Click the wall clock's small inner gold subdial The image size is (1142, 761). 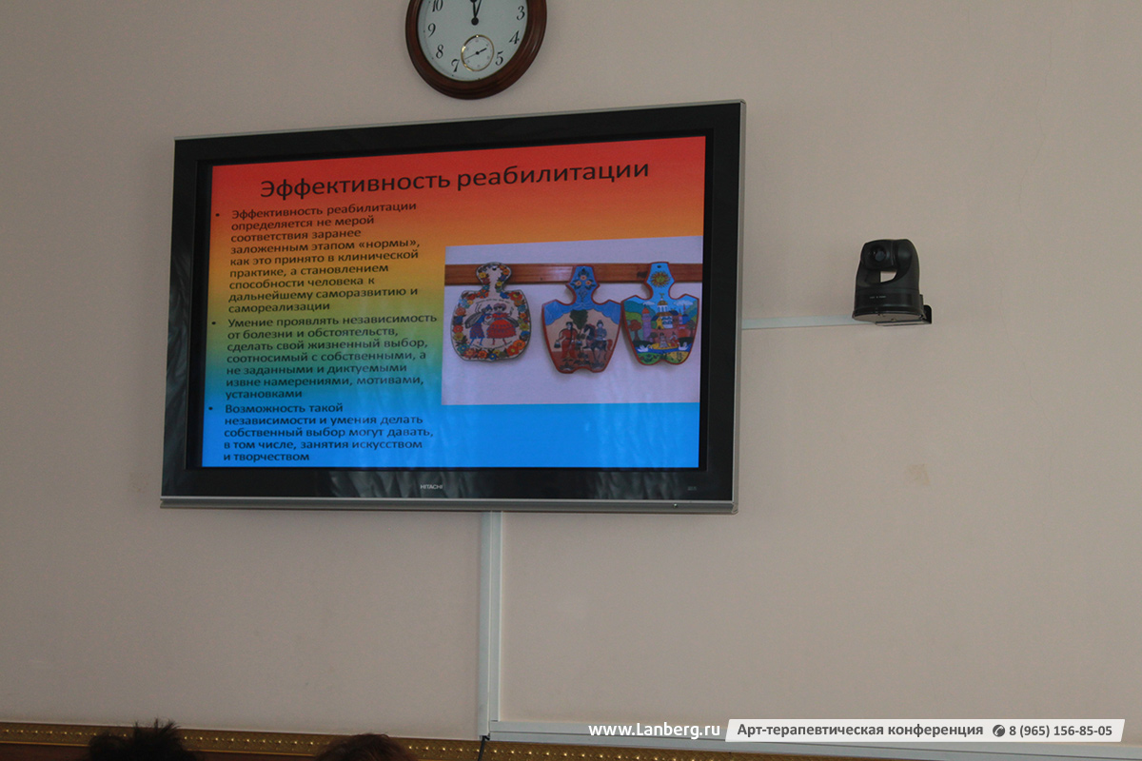(477, 52)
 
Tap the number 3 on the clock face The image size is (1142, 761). (522, 12)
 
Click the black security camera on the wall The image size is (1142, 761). (890, 282)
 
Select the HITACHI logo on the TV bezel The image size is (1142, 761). (431, 487)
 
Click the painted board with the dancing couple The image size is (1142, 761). (490, 312)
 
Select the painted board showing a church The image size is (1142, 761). (660, 314)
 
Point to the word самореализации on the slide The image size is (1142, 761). (279, 307)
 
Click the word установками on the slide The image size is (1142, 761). (264, 394)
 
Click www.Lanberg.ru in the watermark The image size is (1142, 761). (654, 730)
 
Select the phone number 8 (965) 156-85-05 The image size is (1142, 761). (1060, 731)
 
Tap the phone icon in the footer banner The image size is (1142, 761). (998, 731)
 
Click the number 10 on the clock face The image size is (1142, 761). (437, 6)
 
